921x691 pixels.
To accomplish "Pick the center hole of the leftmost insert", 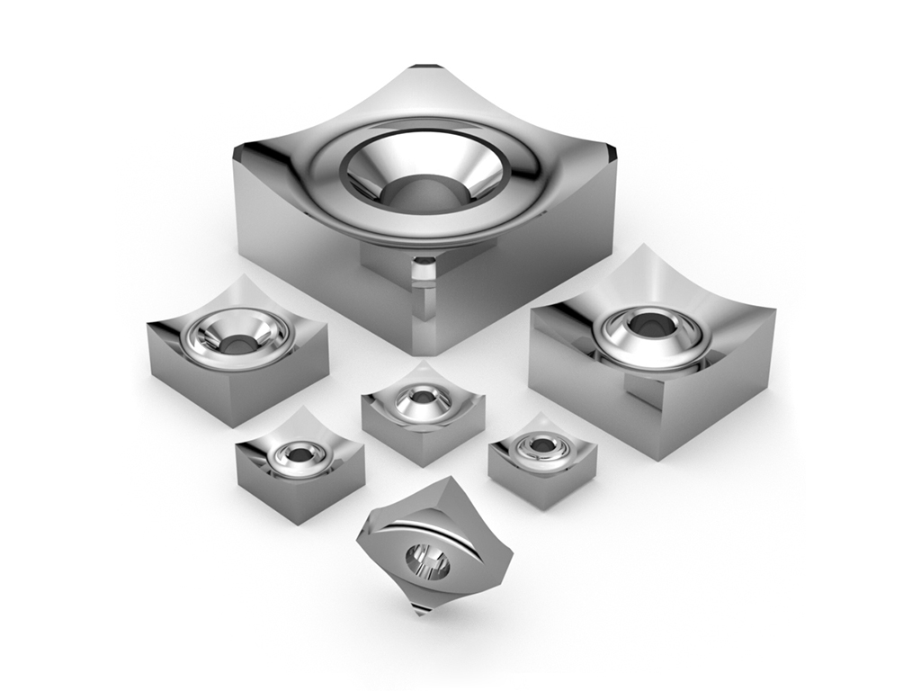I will pos(237,343).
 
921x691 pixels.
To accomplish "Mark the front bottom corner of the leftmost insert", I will pos(233,422).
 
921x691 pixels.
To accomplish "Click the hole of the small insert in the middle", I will pos(421,396).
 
